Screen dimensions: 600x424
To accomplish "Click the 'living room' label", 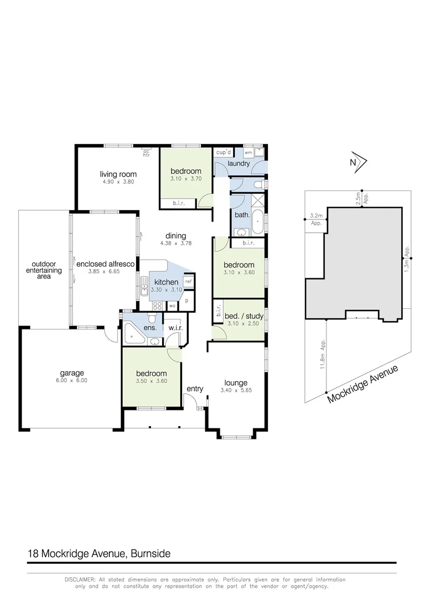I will [x=117, y=174].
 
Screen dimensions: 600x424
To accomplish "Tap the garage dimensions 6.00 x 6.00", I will [x=72, y=381].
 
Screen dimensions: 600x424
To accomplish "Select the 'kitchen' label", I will [x=166, y=282].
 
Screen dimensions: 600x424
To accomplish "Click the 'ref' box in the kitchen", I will [x=188, y=282].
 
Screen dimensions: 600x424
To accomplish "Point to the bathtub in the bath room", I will [x=258, y=222].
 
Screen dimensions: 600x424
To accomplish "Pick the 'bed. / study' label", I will [x=244, y=316].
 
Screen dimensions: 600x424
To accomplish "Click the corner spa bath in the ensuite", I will [x=132, y=334].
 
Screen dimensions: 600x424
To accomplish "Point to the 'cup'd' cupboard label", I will [x=223, y=152].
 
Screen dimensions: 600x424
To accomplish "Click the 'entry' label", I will [x=194, y=388].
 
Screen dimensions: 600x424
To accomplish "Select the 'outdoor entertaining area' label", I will [x=44, y=270].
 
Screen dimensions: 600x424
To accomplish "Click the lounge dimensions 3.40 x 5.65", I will [x=235, y=389].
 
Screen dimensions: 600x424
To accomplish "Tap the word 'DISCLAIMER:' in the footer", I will [x=80, y=579].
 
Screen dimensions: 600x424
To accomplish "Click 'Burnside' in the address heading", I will [x=150, y=554].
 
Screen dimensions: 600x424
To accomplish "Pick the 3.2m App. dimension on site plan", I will [x=316, y=219].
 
